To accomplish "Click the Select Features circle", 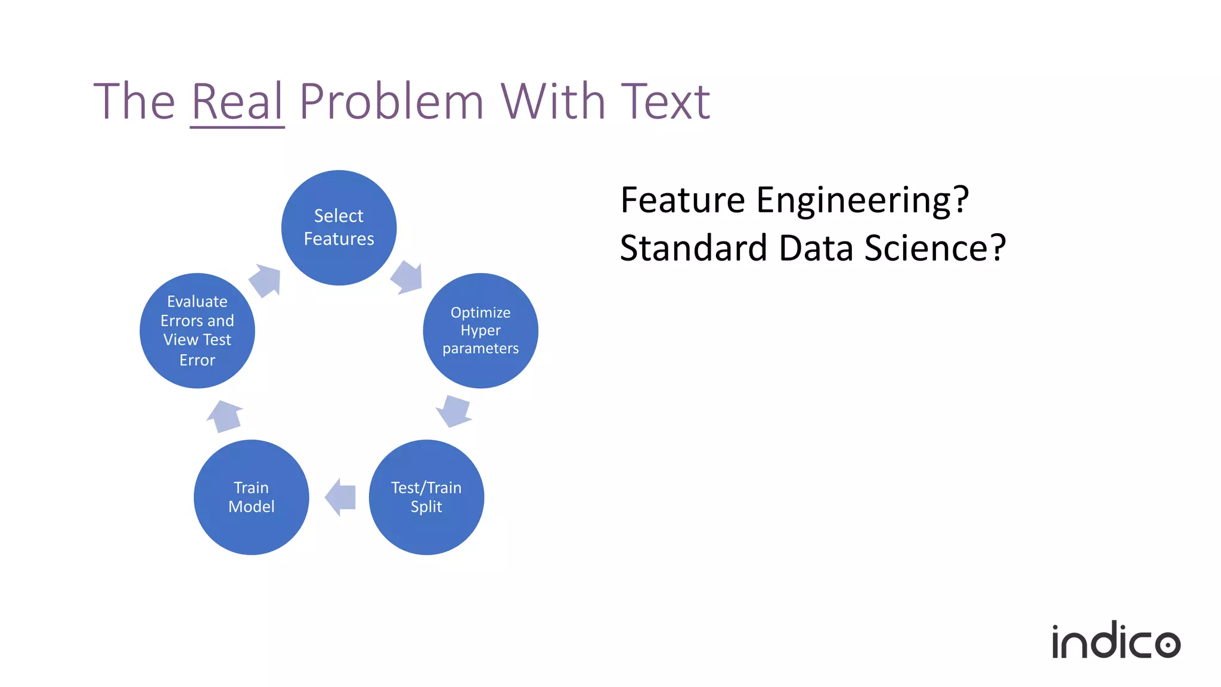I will coord(339,227).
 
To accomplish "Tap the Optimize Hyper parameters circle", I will coord(481,330).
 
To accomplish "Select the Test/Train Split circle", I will coord(426,497).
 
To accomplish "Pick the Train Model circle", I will coord(251,497).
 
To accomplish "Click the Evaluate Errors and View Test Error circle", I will coord(197,330).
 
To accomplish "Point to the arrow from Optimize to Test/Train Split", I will coord(455,410).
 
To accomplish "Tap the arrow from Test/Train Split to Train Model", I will coord(341,497).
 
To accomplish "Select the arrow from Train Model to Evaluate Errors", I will coord(224,416).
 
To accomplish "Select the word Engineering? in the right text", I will coord(863,200).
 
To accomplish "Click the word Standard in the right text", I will coord(693,248).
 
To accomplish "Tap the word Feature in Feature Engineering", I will coord(683,200).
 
